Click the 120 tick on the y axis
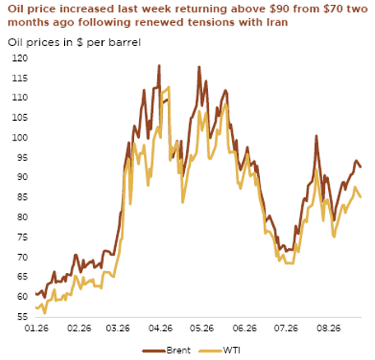(20, 58)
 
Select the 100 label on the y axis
(20, 137)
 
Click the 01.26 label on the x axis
(36, 328)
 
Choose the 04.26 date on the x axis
(160, 328)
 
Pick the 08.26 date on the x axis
(328, 328)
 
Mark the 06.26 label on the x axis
(244, 328)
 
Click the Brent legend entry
(166, 350)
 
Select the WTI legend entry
(220, 350)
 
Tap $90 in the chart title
(279, 9)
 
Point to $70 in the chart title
(333, 9)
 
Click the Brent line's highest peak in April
(159, 66)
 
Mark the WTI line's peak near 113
(169, 87)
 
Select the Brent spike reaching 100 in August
(316, 136)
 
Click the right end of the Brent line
(361, 167)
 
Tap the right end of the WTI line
(360, 196)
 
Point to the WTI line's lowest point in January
(44, 313)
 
